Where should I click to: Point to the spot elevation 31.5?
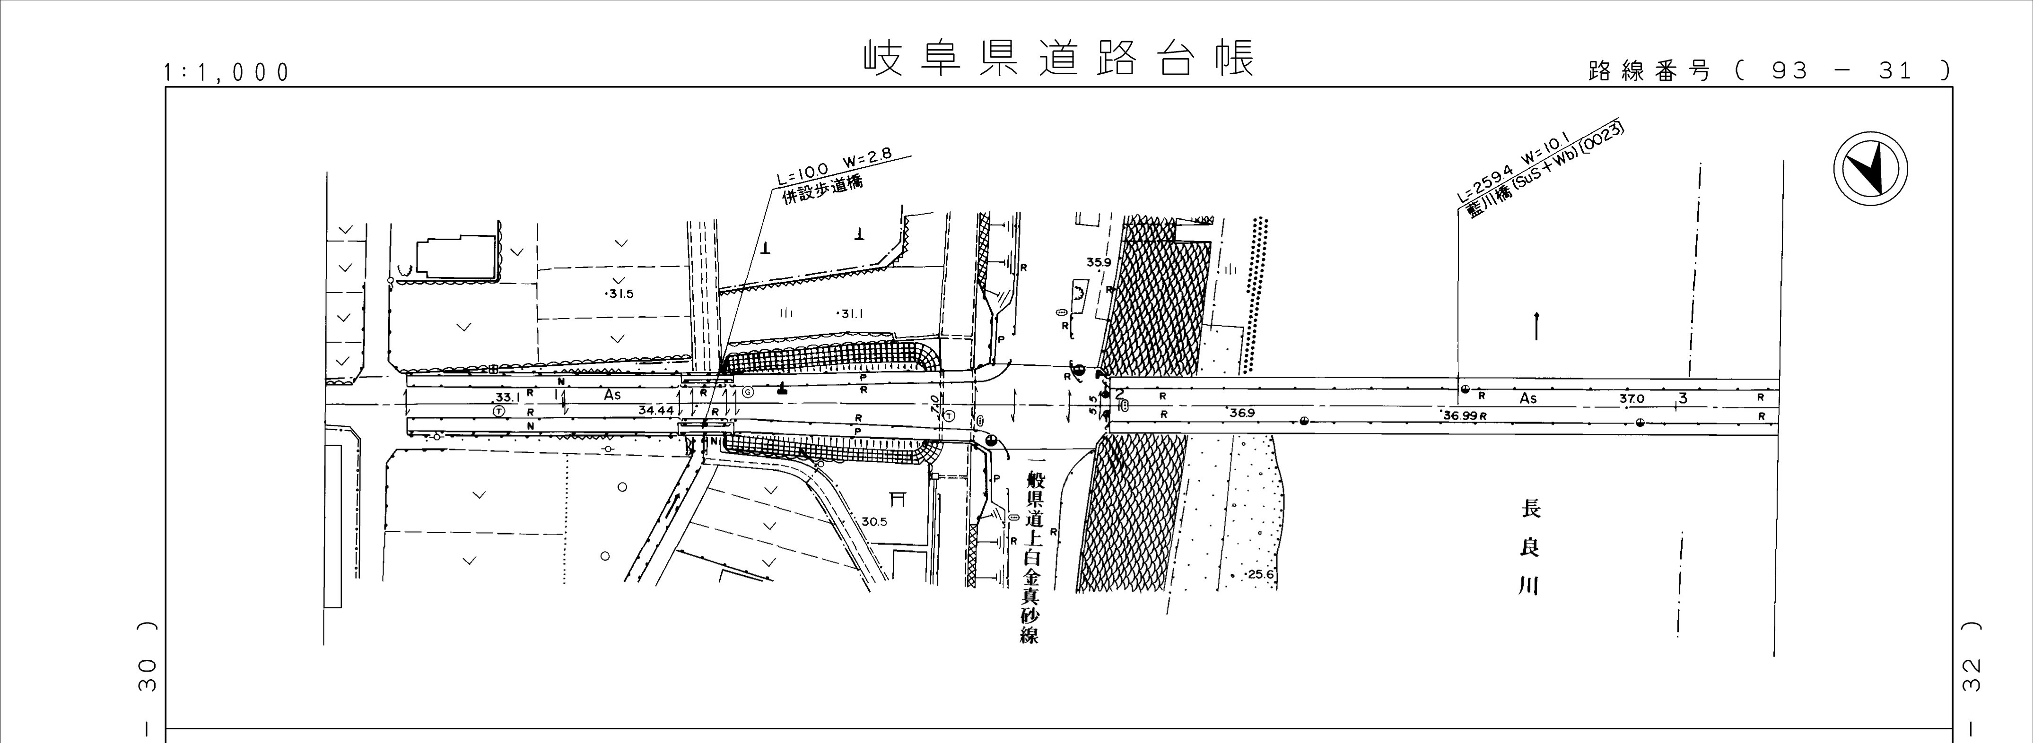coord(619,294)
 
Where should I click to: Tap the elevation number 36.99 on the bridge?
coord(1460,415)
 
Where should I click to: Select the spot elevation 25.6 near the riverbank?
coord(1260,574)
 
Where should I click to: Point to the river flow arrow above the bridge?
coord(1536,326)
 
